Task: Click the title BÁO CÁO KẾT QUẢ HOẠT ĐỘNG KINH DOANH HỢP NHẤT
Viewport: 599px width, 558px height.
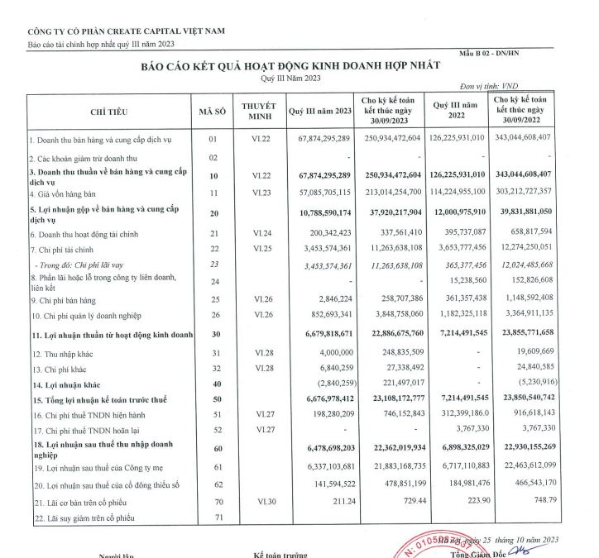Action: point(290,66)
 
